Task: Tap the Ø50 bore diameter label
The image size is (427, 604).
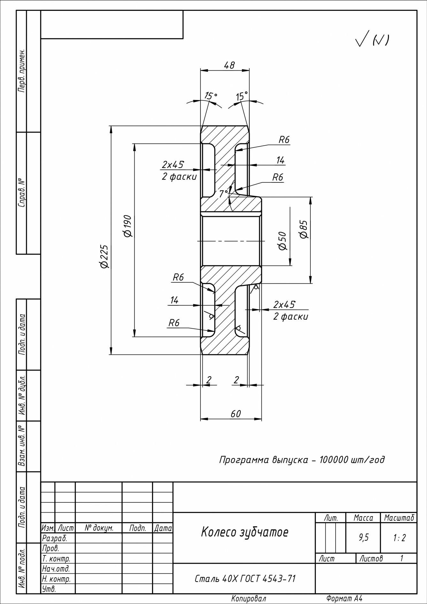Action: (282, 241)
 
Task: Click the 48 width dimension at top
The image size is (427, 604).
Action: (229, 65)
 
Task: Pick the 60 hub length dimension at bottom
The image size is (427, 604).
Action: (236, 414)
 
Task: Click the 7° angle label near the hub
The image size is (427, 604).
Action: (223, 193)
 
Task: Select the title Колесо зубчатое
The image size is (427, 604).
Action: (245, 532)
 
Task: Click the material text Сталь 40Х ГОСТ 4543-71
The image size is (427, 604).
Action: (245, 578)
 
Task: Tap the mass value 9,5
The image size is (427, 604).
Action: (363, 538)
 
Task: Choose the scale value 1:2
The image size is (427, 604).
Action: (399, 538)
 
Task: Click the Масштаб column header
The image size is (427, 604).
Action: (399, 518)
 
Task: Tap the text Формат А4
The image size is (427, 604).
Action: (344, 598)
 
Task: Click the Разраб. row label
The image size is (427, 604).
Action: (54, 538)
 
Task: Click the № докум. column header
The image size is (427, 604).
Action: (99, 528)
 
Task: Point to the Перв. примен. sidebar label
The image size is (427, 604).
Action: (21, 71)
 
